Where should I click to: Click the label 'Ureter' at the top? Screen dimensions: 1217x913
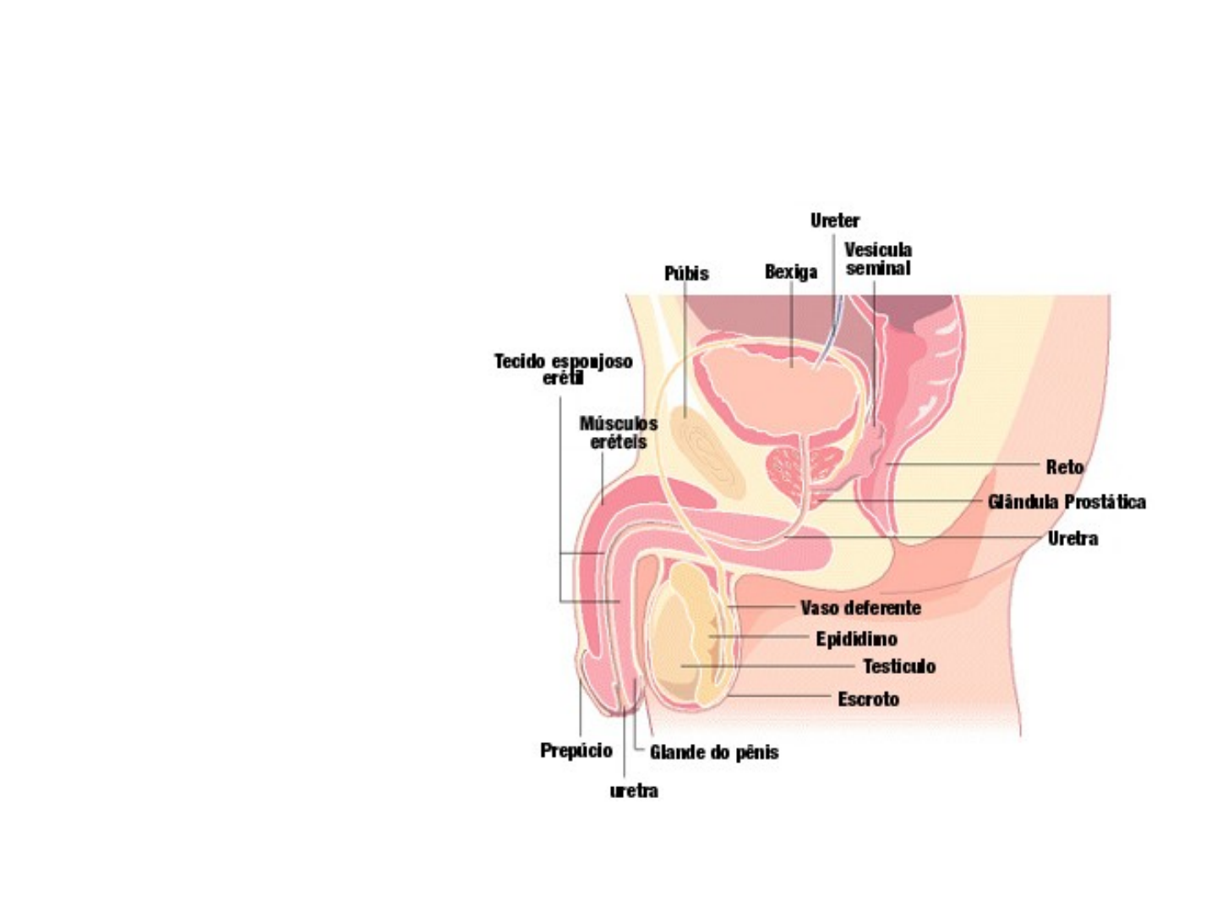pos(834,221)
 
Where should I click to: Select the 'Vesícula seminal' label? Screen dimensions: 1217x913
pos(878,259)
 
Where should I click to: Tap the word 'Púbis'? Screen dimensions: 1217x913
pos(686,274)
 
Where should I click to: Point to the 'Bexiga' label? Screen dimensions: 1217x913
pos(791,272)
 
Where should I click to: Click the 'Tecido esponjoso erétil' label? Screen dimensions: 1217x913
pos(564,369)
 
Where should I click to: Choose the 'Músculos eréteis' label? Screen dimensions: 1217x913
pos(619,432)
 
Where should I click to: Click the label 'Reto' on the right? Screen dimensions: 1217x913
pos(1064,467)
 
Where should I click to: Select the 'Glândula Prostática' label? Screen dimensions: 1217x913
pos(1067,502)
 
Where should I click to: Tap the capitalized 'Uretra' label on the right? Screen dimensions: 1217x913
pos(1072,539)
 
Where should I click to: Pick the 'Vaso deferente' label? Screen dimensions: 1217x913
pos(860,608)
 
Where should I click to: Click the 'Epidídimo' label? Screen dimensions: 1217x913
pos(856,639)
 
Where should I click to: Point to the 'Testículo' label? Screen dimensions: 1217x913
pos(899,667)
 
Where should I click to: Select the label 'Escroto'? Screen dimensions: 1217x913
pos(868,699)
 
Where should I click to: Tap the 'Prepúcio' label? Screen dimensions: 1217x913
pos(576,751)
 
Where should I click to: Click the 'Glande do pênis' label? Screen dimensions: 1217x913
pos(714,752)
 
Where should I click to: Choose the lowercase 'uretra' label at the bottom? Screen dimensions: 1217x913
pos(634,791)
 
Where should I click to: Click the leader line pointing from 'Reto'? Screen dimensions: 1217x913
pos(963,465)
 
